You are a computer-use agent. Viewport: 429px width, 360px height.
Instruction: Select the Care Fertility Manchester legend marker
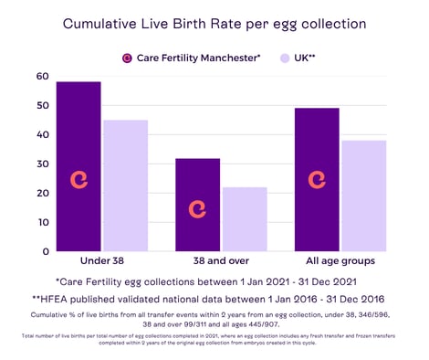(x=129, y=58)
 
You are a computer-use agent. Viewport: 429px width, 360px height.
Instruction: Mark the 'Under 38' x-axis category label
(x=101, y=261)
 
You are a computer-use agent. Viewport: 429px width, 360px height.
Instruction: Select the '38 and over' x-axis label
(x=220, y=261)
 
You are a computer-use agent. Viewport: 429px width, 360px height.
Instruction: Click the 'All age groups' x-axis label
(x=340, y=261)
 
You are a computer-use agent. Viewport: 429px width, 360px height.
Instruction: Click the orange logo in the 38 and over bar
(x=196, y=208)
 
